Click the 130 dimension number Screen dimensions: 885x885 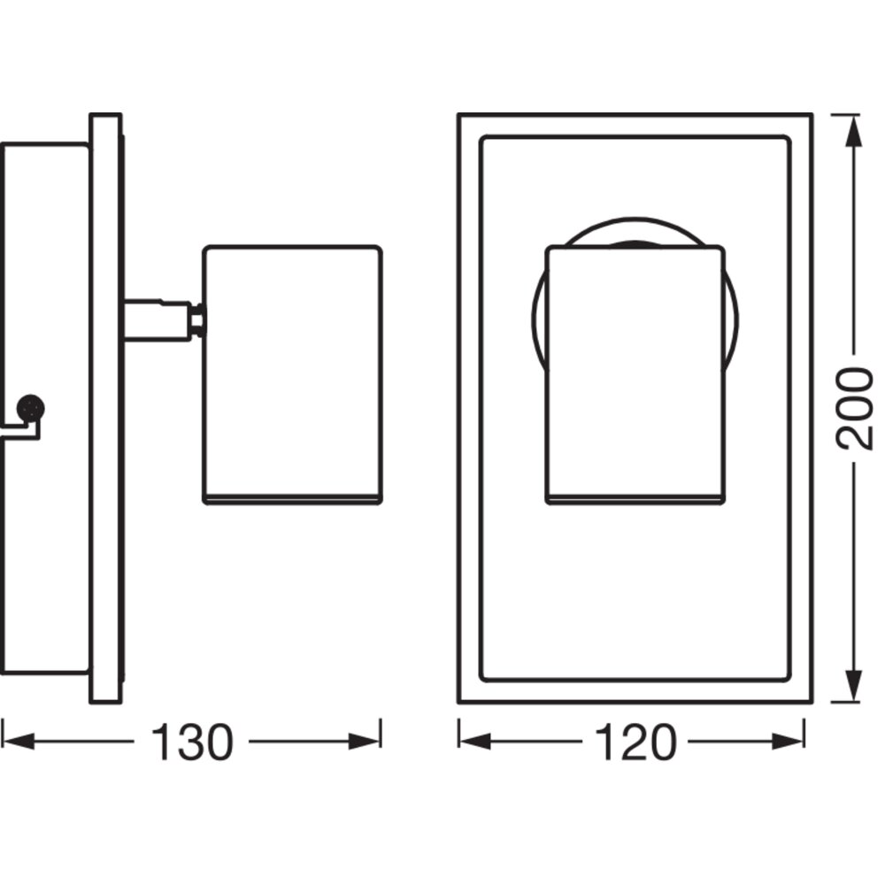[192, 743]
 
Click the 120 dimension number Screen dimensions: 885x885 [635, 743]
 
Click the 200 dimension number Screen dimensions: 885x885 [854, 409]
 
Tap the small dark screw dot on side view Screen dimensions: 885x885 [30, 407]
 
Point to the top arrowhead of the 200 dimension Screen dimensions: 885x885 [855, 132]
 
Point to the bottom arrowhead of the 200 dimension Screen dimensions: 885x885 [855, 685]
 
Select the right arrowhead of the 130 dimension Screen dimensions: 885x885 [364, 741]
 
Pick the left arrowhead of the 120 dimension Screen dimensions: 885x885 [475, 741]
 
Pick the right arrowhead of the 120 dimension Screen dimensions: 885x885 [788, 741]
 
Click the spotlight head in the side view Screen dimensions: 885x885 [292, 374]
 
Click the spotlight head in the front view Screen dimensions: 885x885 [635, 374]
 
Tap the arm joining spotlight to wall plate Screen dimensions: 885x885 [158, 320]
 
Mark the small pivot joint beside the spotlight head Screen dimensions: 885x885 [197, 320]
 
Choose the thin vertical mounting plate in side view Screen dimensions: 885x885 [105, 409]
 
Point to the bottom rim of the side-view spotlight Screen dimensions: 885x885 [292, 499]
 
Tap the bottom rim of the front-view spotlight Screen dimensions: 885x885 [635, 499]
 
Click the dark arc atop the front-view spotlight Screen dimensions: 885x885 [634, 243]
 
